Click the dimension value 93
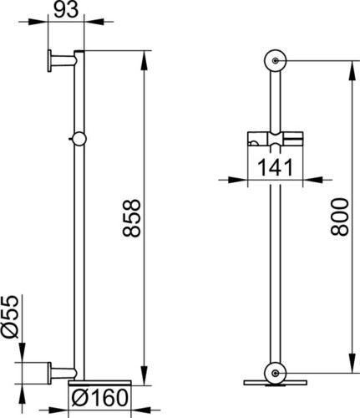66,11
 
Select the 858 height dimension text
131,218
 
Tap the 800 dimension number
340,217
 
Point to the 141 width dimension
275,167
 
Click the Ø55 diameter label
10,317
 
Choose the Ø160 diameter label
99,398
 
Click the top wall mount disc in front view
276,61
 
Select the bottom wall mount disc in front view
275,374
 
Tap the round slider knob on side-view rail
79,139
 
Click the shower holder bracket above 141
276,139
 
